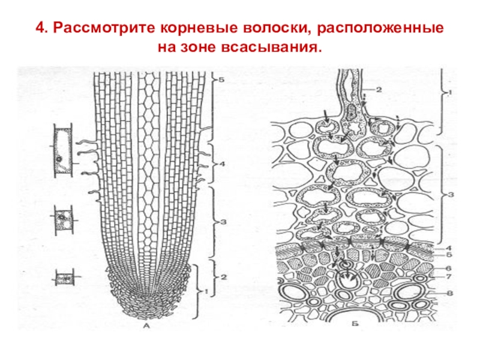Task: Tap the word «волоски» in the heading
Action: [x=274, y=28]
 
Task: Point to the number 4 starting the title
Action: [x=40, y=28]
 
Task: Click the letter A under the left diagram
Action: [x=146, y=326]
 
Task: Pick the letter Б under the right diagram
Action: [x=356, y=325]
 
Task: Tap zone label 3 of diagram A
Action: [x=222, y=223]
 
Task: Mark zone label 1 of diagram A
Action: [x=205, y=292]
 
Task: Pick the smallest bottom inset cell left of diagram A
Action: [x=64, y=278]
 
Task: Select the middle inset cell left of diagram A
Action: [x=62, y=220]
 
